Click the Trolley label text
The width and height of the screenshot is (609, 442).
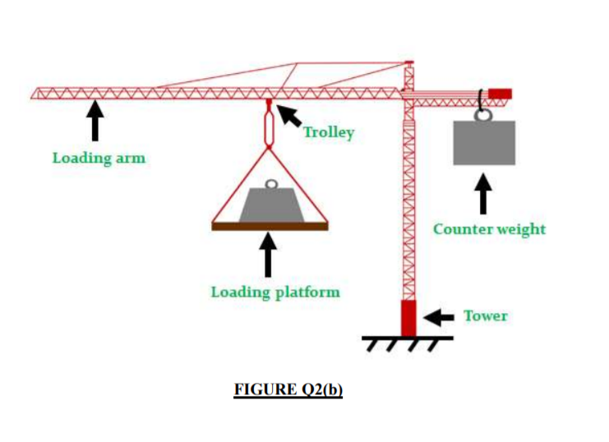pyautogui.click(x=329, y=132)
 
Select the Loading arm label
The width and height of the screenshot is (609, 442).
pyautogui.click(x=99, y=157)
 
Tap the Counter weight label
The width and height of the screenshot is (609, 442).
pyautogui.click(x=489, y=228)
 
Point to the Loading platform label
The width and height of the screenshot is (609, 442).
pyautogui.click(x=275, y=292)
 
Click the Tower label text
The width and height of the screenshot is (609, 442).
pyautogui.click(x=485, y=315)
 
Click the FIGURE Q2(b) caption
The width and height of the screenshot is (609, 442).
pyautogui.click(x=288, y=389)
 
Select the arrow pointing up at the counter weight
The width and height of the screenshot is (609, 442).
pyautogui.click(x=485, y=194)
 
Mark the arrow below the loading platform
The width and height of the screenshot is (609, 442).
pyautogui.click(x=268, y=255)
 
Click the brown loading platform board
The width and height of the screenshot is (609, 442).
pyautogui.click(x=270, y=226)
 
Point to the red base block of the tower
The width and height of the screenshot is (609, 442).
pyautogui.click(x=408, y=318)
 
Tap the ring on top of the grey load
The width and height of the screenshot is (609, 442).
pyautogui.click(x=270, y=185)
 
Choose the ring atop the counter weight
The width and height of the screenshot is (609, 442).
pyautogui.click(x=483, y=114)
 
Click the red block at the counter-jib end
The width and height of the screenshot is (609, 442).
pyautogui.click(x=500, y=94)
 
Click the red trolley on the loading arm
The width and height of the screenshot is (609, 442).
pyautogui.click(x=269, y=104)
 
